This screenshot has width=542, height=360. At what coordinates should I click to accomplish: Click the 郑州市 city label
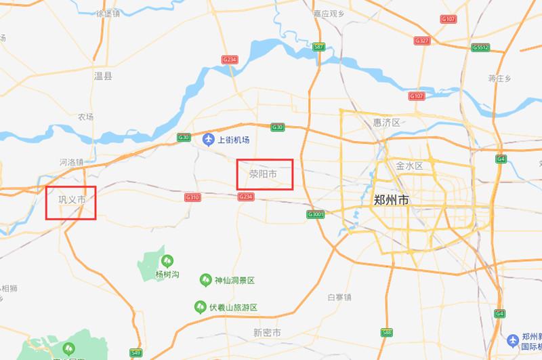(x=392, y=201)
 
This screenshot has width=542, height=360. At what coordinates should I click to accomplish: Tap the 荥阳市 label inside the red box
(x=263, y=174)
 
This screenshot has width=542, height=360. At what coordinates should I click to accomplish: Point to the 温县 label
(x=103, y=76)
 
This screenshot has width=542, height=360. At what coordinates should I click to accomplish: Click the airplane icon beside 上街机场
(x=209, y=140)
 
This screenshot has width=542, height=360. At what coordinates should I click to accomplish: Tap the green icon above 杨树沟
(x=167, y=260)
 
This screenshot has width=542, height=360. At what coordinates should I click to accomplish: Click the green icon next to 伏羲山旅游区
(x=201, y=307)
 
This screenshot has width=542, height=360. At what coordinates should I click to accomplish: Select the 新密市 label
(x=267, y=333)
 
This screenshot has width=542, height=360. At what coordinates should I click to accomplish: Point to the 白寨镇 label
(x=339, y=298)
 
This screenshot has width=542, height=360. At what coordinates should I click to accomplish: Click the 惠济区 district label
(x=387, y=123)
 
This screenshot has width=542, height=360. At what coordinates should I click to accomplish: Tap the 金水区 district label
(x=409, y=166)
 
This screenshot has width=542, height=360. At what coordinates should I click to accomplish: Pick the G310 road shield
(x=192, y=197)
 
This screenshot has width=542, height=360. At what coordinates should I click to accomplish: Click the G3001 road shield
(x=316, y=214)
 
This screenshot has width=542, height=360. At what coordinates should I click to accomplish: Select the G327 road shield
(x=422, y=41)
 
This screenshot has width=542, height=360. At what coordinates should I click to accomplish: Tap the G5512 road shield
(x=480, y=47)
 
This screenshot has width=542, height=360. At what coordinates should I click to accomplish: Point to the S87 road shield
(x=319, y=47)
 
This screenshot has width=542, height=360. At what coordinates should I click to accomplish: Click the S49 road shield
(x=135, y=353)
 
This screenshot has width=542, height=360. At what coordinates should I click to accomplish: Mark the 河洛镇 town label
(x=71, y=163)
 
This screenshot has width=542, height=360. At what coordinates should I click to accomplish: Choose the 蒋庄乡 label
(x=499, y=79)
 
